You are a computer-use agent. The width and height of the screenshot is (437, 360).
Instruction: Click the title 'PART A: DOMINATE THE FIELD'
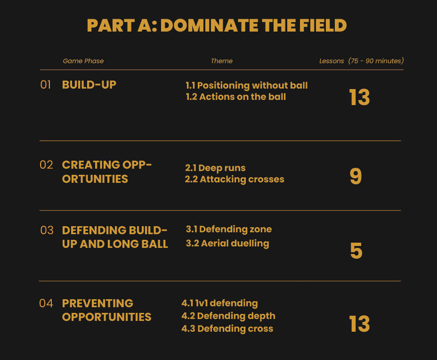click(x=217, y=25)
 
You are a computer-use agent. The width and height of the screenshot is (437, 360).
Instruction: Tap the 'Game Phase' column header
click(x=83, y=61)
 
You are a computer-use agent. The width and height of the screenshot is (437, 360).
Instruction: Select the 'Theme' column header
click(x=222, y=61)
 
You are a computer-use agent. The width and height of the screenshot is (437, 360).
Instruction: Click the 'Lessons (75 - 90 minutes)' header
click(x=362, y=61)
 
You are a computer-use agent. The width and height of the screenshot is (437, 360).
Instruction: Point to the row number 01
click(x=45, y=85)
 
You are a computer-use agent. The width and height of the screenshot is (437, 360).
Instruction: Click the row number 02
click(x=46, y=165)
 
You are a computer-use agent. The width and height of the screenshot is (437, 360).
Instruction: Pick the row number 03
click(x=47, y=230)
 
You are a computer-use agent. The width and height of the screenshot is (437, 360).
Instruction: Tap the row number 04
click(x=46, y=303)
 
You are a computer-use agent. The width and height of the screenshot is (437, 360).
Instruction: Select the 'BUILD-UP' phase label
click(x=89, y=85)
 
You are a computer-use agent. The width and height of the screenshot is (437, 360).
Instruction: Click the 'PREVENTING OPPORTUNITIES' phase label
click(x=107, y=310)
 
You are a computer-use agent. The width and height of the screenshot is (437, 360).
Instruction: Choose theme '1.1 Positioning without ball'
click(x=247, y=85)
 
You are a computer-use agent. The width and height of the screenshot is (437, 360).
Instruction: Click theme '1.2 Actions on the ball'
click(x=236, y=97)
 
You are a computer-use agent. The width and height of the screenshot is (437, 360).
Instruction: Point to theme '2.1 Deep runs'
click(x=215, y=168)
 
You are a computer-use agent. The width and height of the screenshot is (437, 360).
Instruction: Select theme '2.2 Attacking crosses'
click(x=235, y=180)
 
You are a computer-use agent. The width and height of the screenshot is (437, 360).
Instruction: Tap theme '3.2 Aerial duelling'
click(x=227, y=243)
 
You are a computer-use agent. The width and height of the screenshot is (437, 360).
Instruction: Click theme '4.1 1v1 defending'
click(x=219, y=303)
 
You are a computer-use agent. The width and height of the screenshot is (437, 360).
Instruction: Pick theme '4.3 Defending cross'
click(x=227, y=328)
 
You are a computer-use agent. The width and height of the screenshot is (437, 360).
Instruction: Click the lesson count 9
click(x=356, y=176)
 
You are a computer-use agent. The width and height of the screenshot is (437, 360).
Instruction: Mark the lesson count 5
click(x=356, y=251)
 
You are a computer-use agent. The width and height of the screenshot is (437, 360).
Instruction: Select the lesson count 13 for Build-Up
click(x=359, y=98)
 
